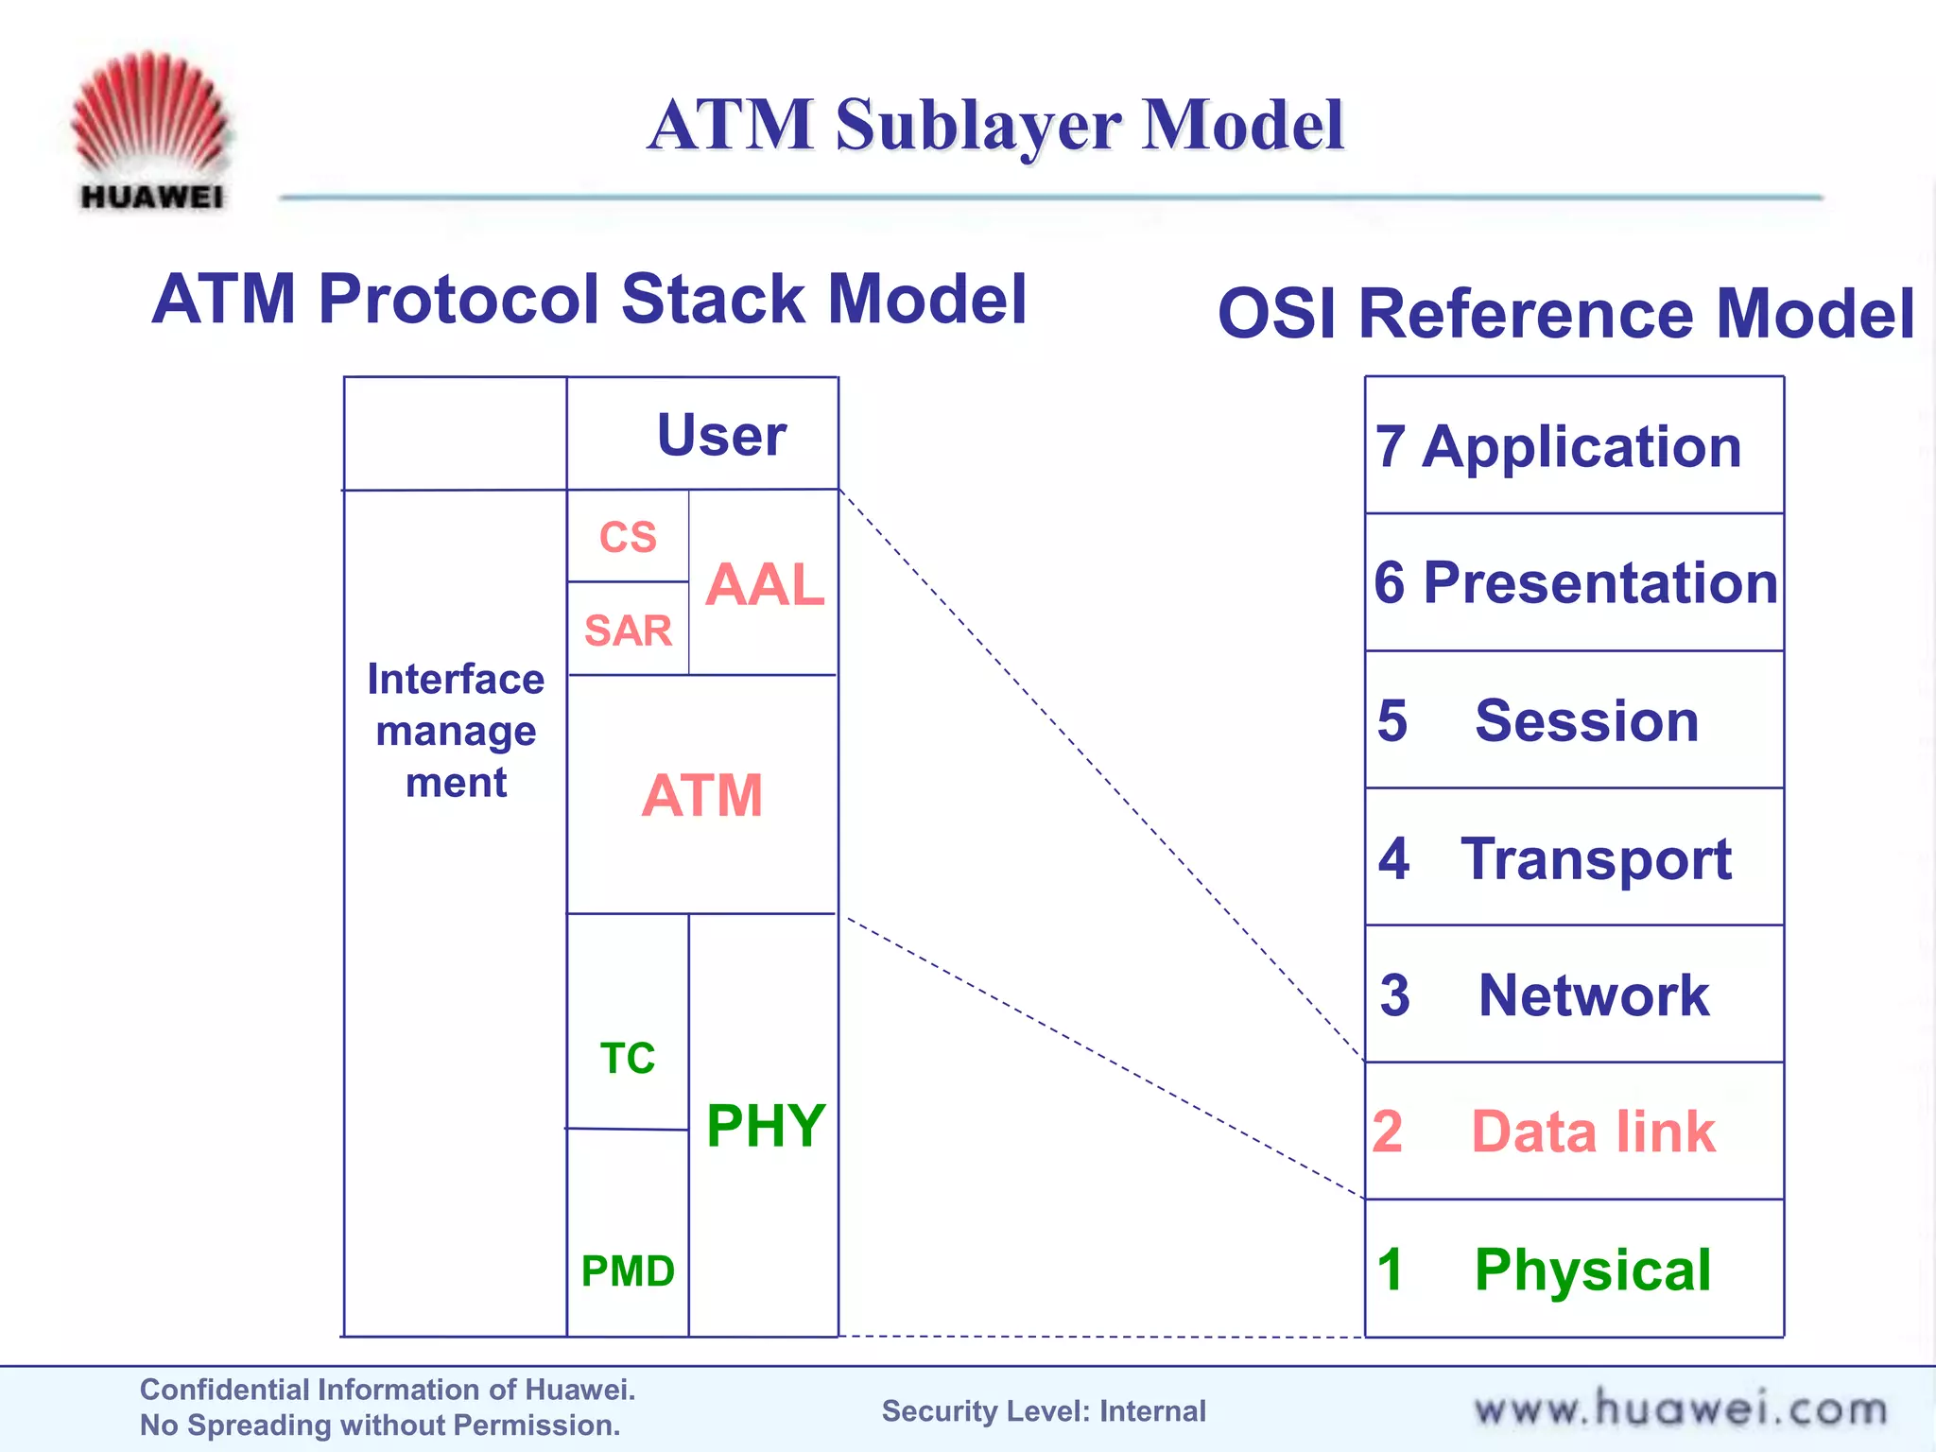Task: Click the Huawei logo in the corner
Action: [151, 130]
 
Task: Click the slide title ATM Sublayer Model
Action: [995, 126]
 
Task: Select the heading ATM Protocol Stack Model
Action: [589, 300]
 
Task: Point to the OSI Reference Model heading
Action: [1565, 314]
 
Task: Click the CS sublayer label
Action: [628, 537]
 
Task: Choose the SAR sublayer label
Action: [628, 631]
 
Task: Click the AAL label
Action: [764, 584]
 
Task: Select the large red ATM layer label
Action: [701, 795]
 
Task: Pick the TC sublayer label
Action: [628, 1058]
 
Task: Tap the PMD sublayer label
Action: [628, 1271]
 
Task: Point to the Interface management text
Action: [456, 731]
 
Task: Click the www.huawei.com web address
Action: [1681, 1409]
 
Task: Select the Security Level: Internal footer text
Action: [1044, 1411]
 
